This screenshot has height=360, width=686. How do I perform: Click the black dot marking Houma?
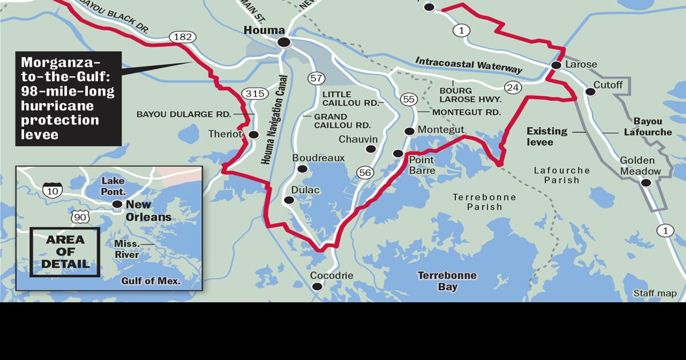click(284, 42)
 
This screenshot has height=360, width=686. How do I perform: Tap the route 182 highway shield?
click(182, 37)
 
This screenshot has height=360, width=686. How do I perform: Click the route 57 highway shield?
click(316, 78)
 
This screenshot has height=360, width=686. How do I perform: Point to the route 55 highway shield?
click(408, 99)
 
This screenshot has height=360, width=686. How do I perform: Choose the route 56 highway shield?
click(365, 172)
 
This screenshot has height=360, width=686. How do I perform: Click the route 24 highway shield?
click(512, 87)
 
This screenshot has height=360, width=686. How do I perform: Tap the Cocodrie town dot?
click(317, 287)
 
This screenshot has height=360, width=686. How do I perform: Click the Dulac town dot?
click(289, 200)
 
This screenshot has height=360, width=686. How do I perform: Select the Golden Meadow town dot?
click(646, 183)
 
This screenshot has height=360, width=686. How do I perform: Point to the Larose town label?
click(581, 65)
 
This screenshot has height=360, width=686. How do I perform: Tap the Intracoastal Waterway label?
click(469, 65)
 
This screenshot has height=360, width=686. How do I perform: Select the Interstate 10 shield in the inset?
click(52, 190)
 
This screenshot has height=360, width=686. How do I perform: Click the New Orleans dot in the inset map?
click(117, 204)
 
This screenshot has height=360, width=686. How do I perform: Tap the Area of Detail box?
click(65, 252)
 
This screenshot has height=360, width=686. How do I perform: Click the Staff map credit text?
click(655, 293)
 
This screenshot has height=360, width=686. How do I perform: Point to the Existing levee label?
click(547, 136)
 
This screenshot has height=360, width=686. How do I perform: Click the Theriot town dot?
click(254, 135)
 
